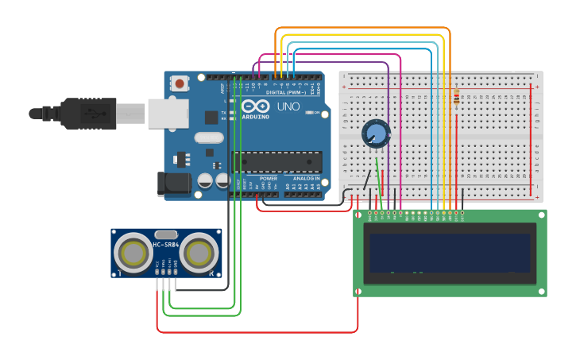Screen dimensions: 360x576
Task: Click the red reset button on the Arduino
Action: click(180, 83)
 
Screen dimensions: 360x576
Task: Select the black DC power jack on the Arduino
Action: click(174, 184)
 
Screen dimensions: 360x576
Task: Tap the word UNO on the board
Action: click(288, 106)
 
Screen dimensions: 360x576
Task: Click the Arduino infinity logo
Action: click(256, 106)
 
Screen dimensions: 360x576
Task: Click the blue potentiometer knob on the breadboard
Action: click(375, 134)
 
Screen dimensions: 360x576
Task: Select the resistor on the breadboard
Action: click(456, 99)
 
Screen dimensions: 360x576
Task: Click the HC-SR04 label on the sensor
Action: click(165, 245)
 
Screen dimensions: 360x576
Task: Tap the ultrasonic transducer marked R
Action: click(199, 254)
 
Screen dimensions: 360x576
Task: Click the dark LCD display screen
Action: click(447, 253)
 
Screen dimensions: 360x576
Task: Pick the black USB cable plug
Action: click(79, 114)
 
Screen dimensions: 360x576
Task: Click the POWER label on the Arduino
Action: click(269, 179)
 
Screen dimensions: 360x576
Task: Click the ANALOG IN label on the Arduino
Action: click(306, 179)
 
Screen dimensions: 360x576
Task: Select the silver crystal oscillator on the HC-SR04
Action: click(165, 234)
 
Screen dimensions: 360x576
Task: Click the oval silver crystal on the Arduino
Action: click(209, 137)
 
